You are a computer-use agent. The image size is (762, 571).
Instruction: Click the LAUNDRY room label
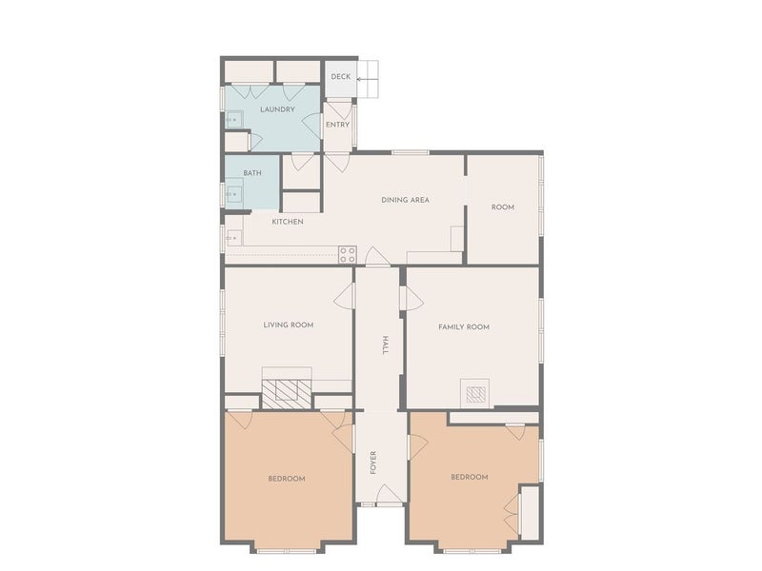click(x=277, y=109)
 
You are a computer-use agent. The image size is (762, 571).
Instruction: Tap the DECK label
click(x=341, y=77)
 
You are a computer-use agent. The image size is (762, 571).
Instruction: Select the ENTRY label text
click(x=338, y=125)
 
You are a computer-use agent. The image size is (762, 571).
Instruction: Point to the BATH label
click(x=252, y=173)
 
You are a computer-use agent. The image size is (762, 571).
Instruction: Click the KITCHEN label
click(x=288, y=222)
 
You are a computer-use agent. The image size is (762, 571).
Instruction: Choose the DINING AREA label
click(x=406, y=200)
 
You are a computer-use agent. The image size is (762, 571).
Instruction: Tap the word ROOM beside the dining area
click(x=503, y=207)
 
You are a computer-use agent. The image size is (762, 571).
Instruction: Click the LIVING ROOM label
click(x=289, y=325)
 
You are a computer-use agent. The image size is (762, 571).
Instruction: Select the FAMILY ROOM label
click(x=464, y=327)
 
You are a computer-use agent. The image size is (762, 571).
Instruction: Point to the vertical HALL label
click(x=385, y=345)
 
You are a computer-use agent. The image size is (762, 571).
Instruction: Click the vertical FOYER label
click(x=373, y=463)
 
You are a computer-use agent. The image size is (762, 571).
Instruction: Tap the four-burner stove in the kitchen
click(x=348, y=255)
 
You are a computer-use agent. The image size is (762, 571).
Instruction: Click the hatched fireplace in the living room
click(x=287, y=394)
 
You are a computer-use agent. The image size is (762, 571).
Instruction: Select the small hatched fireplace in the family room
click(x=475, y=394)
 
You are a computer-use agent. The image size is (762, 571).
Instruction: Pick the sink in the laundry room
click(x=234, y=120)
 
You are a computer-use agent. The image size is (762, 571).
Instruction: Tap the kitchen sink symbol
click(x=234, y=238)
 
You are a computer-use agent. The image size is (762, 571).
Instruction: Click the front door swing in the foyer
click(x=390, y=494)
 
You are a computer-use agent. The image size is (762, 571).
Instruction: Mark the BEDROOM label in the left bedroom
click(x=287, y=479)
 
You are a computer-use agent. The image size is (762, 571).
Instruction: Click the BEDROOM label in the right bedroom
click(x=470, y=478)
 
